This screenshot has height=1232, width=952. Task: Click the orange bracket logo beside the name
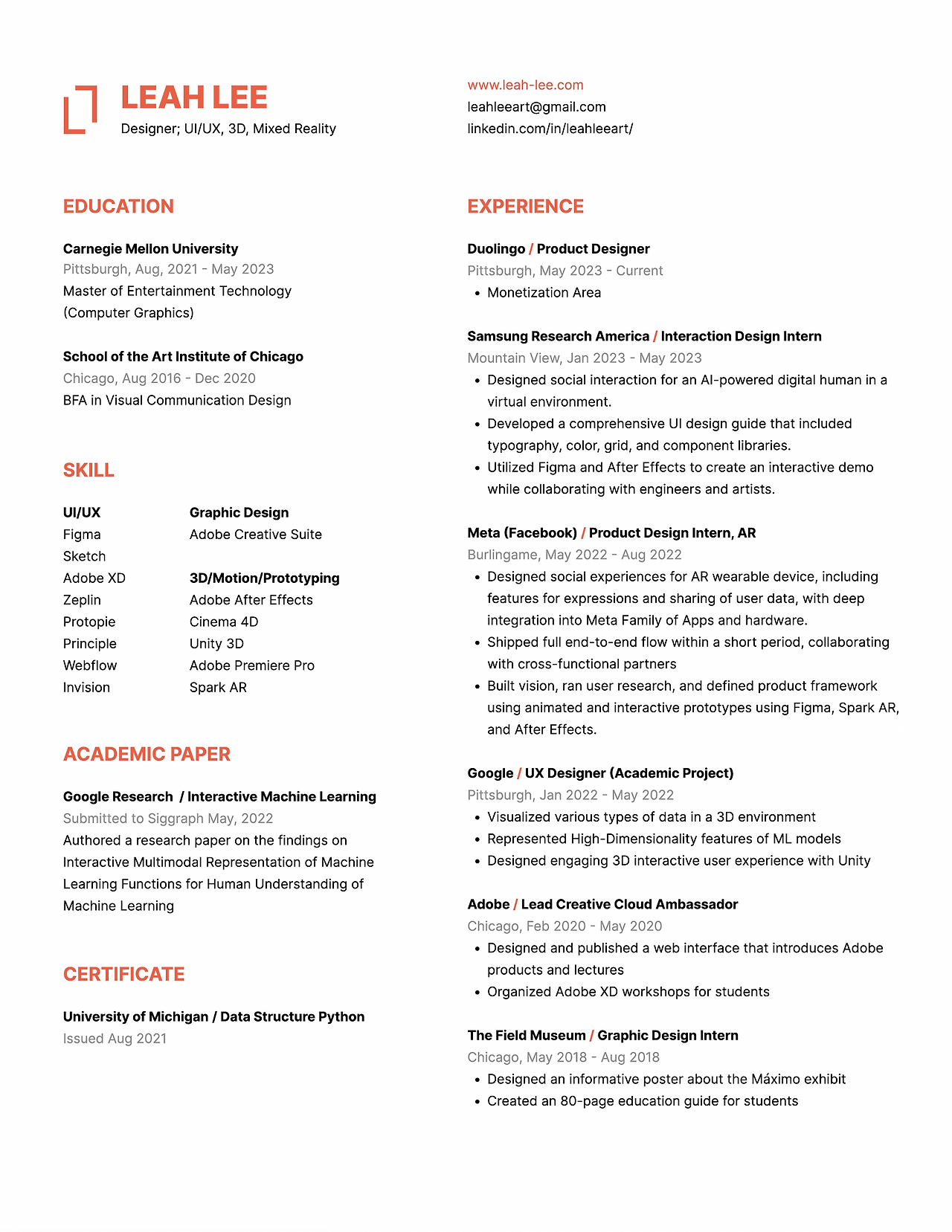pos(80,109)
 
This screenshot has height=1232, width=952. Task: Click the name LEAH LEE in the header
pos(193,98)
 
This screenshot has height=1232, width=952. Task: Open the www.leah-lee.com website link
pos(525,85)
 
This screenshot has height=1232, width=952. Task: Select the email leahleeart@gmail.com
pos(536,107)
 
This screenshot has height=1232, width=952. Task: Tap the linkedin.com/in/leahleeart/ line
pos(550,129)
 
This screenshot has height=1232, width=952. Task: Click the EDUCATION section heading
pos(118,206)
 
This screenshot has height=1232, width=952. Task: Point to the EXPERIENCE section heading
pos(525,206)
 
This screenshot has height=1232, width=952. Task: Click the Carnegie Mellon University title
pos(150,249)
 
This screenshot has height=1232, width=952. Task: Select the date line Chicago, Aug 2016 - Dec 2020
pos(159,378)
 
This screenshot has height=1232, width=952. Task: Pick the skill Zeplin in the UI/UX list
pos(82,600)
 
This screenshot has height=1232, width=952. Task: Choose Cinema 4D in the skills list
pos(224,622)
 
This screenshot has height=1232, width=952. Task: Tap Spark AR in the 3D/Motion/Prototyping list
pos(218,688)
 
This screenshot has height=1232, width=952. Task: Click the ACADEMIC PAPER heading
pos(147,754)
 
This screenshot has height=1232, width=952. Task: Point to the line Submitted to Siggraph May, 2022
pos(168,819)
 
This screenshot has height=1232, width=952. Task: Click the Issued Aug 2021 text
pos(115,1039)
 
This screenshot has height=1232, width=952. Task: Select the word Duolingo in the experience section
pos(496,249)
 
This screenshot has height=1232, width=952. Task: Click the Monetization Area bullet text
pos(544,293)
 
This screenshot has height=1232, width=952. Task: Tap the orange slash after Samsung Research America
pos(655,337)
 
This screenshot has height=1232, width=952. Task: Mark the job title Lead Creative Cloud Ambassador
pos(629,905)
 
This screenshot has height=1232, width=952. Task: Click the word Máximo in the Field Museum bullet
pos(777,1080)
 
